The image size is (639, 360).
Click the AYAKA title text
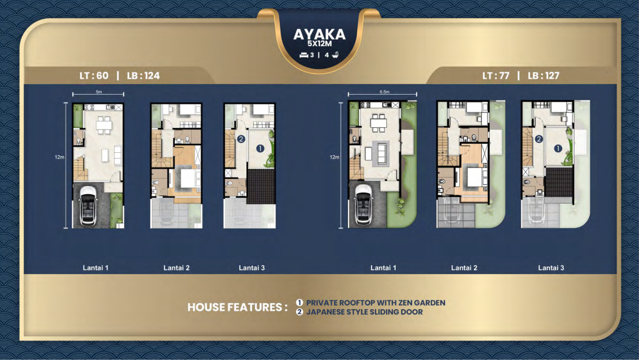319,34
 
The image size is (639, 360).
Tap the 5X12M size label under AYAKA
319,44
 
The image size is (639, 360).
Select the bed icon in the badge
304,55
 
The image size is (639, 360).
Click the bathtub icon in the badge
335,54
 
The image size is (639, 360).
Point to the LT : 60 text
94,75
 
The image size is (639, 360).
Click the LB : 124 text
143,75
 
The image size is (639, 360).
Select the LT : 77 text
496,75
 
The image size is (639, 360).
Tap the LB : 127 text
544,75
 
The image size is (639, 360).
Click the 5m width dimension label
99,92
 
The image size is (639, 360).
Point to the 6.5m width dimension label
385,92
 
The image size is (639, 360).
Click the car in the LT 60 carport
88,205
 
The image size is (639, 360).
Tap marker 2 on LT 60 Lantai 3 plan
241,139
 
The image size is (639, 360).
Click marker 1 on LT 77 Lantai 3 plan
558,149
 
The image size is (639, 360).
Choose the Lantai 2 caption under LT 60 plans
176,268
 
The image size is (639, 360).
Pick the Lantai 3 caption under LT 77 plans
551,268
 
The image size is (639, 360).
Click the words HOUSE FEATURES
238,307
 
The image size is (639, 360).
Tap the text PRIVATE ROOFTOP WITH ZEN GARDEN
376,303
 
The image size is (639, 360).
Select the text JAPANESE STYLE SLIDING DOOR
364,312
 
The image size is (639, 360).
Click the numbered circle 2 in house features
299,312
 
